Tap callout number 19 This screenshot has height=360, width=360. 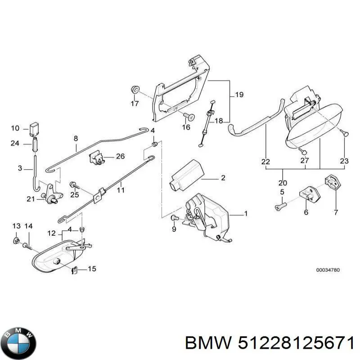[239, 95]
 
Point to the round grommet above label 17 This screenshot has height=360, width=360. [134, 89]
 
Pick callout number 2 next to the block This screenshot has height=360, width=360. [222, 178]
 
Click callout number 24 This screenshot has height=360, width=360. [15, 144]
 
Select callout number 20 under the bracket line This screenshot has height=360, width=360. [283, 183]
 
